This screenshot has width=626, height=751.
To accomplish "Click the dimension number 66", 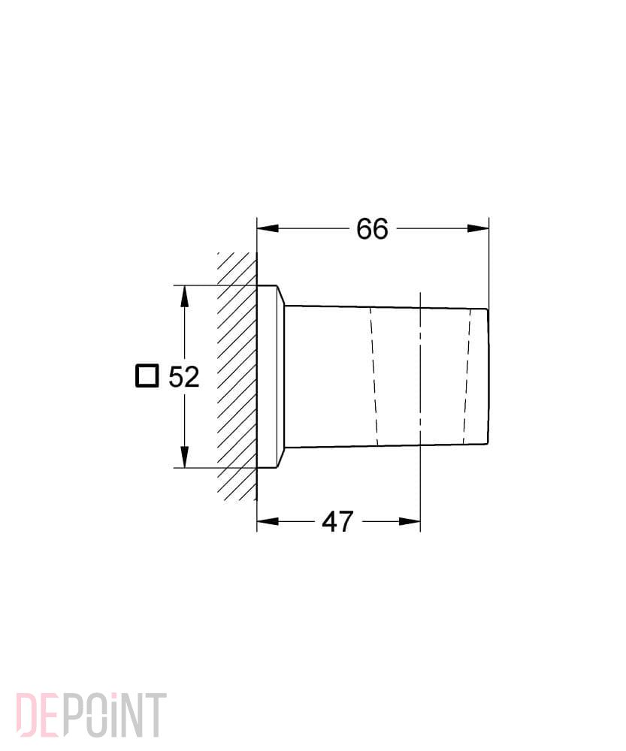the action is coord(372,229).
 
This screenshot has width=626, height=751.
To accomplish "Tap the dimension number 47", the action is coord(337,522).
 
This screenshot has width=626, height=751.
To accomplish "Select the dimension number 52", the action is coord(183,377).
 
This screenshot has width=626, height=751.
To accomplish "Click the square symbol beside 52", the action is coord(147,376).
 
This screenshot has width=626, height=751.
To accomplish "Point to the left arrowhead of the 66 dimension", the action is coord(268,228).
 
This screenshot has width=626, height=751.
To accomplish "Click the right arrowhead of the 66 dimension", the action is coord(479,228).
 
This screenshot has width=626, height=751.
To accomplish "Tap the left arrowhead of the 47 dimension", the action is coord(268,521).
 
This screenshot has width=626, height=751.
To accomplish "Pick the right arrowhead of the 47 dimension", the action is coord(410,521).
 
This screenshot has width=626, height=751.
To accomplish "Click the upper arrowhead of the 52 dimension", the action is coord(184,296).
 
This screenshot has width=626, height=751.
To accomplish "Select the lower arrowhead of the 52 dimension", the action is coord(184,457).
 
